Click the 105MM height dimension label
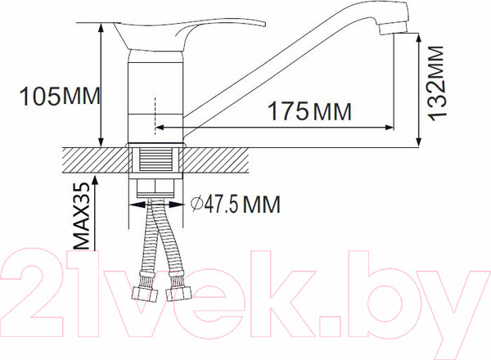(x=58, y=97)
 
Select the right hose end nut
(x=175, y=293)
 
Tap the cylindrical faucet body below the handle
(x=156, y=98)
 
